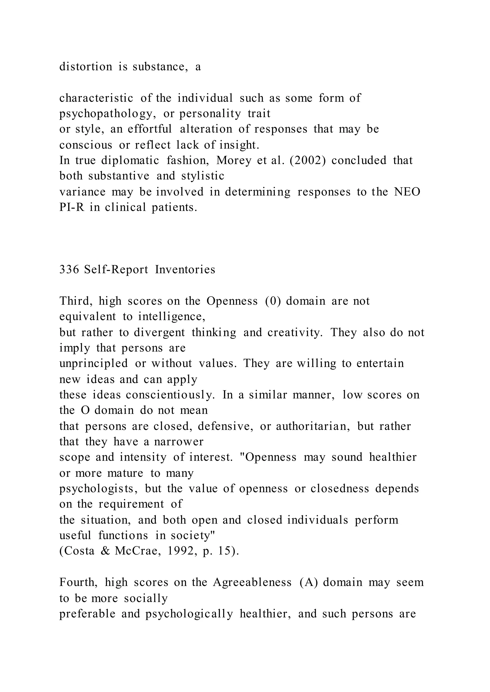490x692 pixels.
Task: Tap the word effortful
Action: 150,129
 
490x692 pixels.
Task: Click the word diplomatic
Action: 130,160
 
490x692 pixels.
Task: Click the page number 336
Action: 69,270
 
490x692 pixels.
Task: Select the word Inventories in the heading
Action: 185,270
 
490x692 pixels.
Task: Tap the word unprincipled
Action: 94,363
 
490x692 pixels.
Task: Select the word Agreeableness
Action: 252,582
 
